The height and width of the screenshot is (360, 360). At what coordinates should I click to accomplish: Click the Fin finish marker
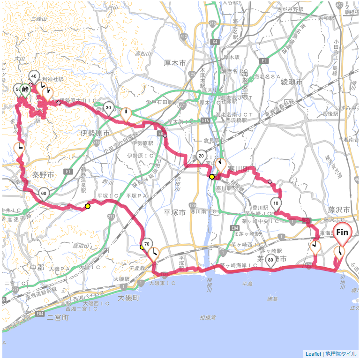click(x=343, y=232)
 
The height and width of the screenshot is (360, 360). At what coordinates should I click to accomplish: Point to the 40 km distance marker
click(x=34, y=76)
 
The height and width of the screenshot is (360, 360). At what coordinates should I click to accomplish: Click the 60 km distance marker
click(x=44, y=193)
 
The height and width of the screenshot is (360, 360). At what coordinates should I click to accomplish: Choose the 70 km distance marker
click(x=147, y=244)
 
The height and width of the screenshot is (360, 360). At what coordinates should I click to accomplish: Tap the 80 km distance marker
click(x=270, y=260)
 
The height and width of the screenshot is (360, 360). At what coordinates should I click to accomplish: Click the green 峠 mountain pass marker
click(x=25, y=89)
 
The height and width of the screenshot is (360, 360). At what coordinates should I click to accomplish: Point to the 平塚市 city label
click(x=175, y=211)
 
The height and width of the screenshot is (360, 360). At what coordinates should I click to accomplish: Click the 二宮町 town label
click(x=58, y=317)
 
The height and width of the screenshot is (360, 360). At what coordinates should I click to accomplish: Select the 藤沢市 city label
click(x=339, y=210)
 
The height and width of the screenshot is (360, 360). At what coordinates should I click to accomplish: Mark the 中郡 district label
click(x=37, y=268)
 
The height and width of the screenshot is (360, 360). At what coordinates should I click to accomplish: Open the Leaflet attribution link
click(x=313, y=354)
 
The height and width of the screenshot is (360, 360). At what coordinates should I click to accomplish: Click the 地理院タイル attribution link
click(x=341, y=354)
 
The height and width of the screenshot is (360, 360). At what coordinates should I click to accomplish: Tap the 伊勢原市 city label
click(x=95, y=133)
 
